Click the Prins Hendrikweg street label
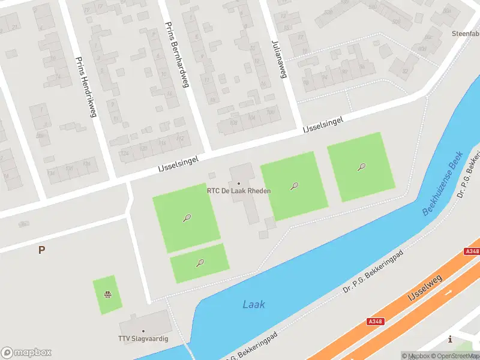(85, 88)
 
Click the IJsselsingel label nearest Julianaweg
(323, 125)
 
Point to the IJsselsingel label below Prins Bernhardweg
(178, 161)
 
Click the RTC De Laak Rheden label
(239, 191)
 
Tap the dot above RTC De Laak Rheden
(239, 183)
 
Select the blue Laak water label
(254, 305)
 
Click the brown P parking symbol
(41, 250)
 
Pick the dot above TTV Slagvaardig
(143, 331)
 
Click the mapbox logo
(26, 353)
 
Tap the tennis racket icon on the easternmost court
(361, 167)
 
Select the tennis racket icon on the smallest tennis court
(200, 263)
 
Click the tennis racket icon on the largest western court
(187, 218)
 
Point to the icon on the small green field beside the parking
(107, 294)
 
